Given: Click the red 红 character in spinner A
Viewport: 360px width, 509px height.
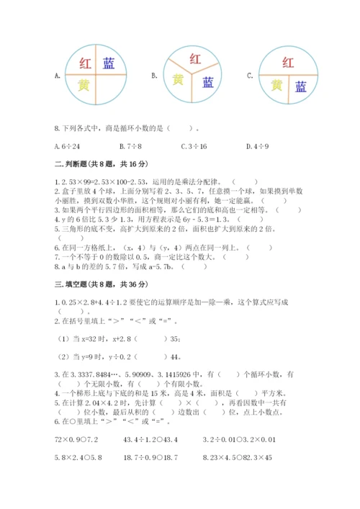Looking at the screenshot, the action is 84,63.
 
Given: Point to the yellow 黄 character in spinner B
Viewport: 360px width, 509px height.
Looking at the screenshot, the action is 177,80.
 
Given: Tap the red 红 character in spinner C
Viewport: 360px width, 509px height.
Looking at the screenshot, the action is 287,62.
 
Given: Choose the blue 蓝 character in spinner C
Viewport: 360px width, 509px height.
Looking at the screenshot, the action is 300,87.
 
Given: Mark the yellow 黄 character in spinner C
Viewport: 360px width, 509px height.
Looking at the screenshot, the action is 276,86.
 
